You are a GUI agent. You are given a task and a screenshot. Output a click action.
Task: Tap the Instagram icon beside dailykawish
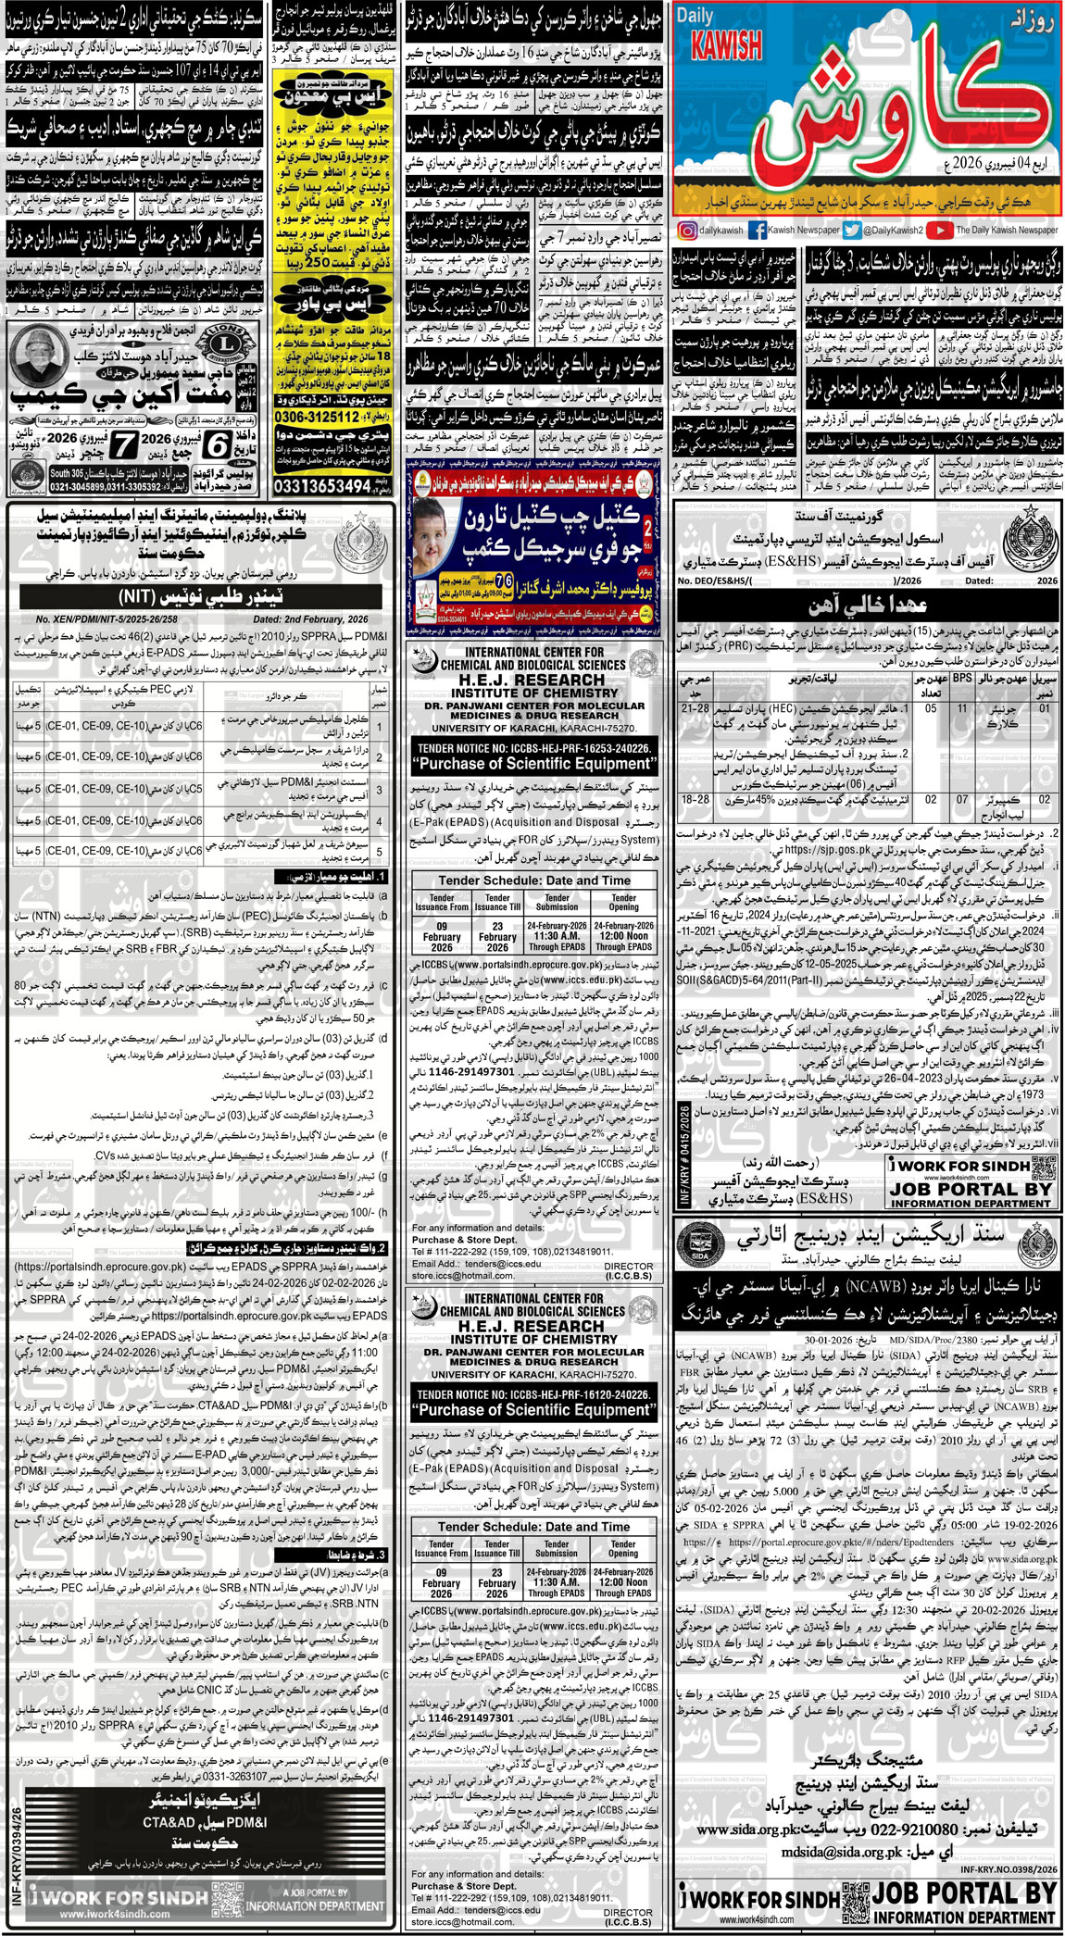click(687, 231)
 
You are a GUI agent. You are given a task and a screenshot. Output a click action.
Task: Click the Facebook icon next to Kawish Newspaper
click(756, 231)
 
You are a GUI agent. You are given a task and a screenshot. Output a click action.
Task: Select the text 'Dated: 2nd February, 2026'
click(310, 619)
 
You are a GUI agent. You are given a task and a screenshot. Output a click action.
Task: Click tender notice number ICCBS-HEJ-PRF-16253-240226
click(534, 747)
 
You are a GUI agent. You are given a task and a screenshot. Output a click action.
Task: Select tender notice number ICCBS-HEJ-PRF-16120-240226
click(534, 1393)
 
